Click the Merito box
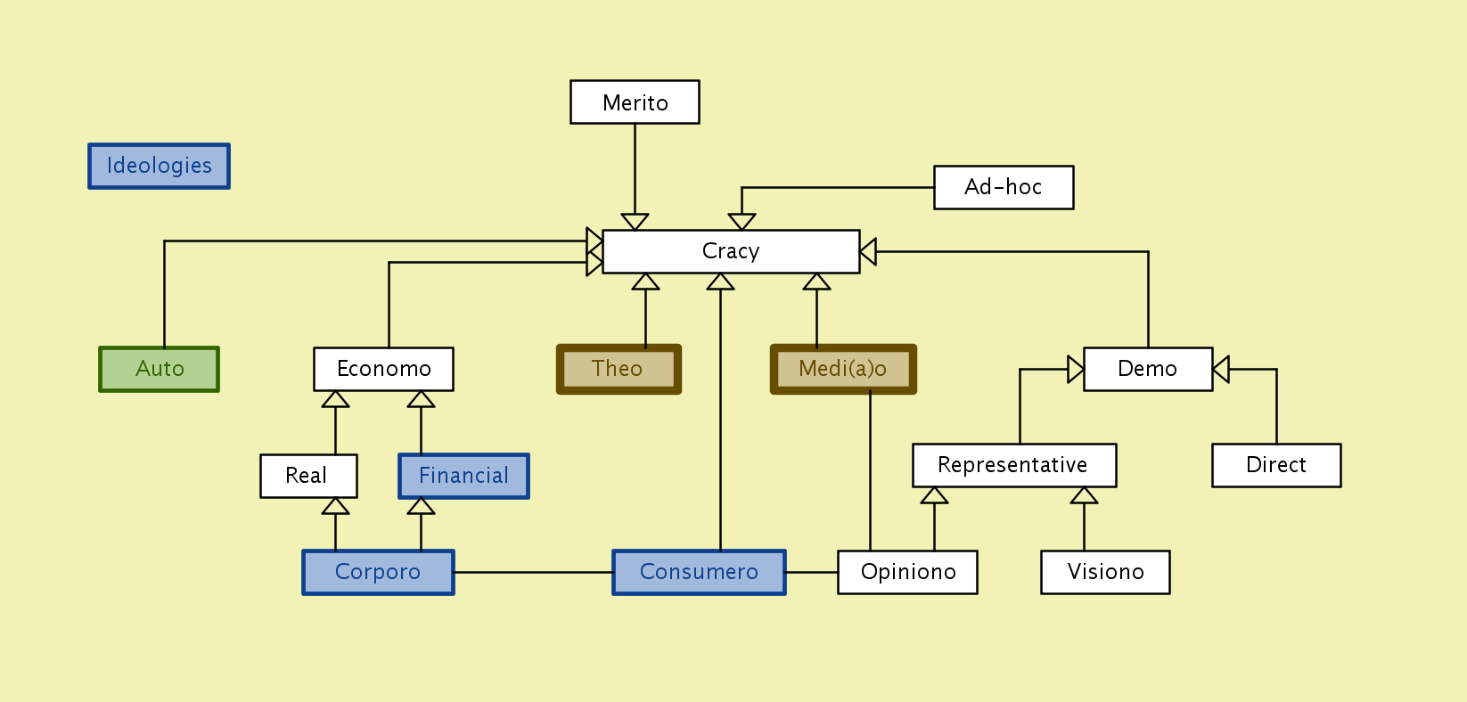[635, 102]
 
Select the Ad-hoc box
[1004, 187]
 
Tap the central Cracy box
[731, 251]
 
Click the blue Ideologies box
[160, 166]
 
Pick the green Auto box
[160, 369]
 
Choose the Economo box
[383, 369]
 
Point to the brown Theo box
[619, 369]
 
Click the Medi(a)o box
[843, 369]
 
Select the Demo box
[1148, 369]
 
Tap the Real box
[308, 476]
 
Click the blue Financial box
[463, 476]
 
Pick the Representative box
[1014, 465]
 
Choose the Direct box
[1276, 465]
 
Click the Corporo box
[378, 572]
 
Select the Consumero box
[699, 572]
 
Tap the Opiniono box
[907, 572]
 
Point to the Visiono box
[1105, 572]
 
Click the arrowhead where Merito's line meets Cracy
[635, 222]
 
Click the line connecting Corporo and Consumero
[533, 572]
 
